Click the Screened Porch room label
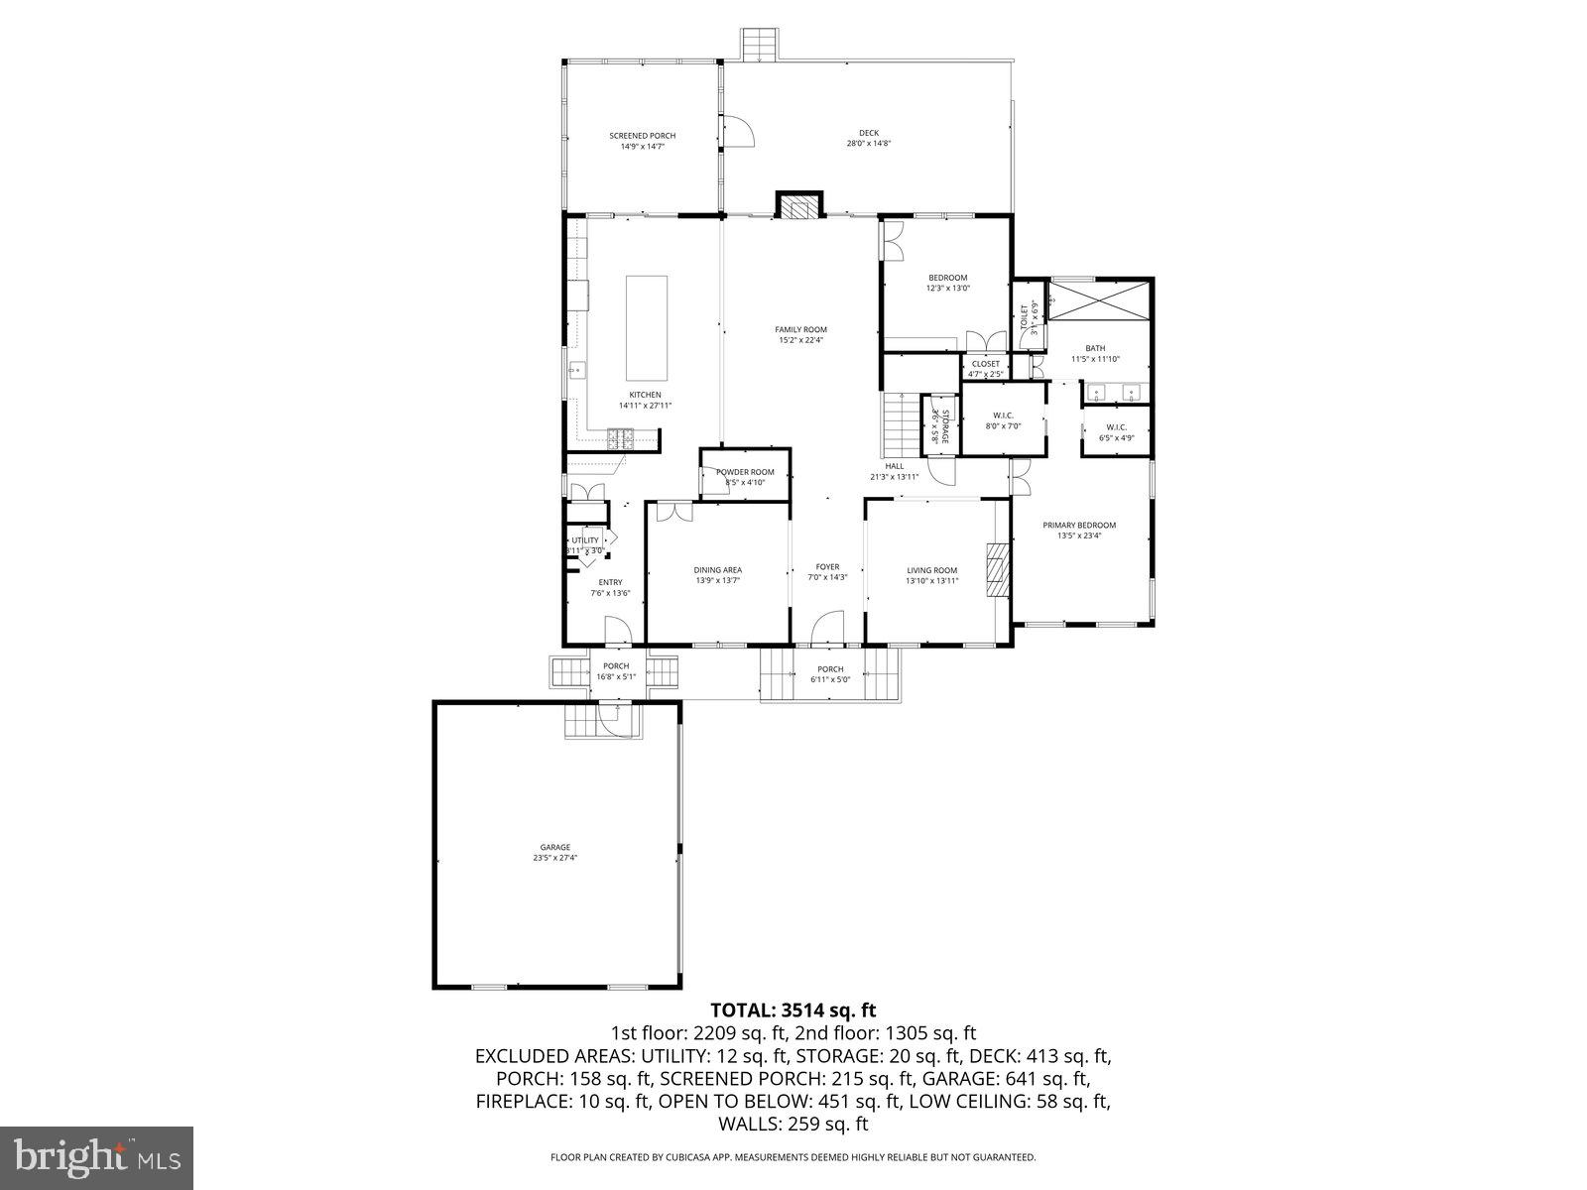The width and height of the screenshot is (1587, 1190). [x=642, y=136]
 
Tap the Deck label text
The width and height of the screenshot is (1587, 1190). [x=868, y=133]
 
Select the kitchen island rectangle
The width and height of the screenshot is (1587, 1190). [x=646, y=327]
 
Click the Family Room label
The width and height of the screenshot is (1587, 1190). [x=800, y=330]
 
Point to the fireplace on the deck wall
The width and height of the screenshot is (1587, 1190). [x=798, y=205]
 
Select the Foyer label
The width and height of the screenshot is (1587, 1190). [x=827, y=567]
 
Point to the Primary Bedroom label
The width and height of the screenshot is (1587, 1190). [x=1078, y=526]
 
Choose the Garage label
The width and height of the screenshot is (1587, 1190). [x=554, y=847]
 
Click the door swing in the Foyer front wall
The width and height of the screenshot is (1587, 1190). [x=826, y=628]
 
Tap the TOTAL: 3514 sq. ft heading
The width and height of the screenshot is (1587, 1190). [x=793, y=1011]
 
